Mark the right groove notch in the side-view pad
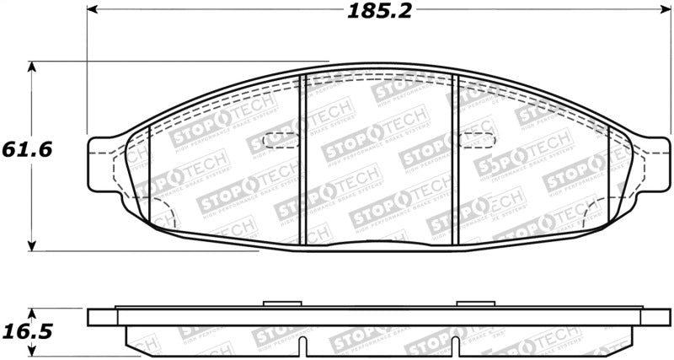pyautogui.click(x=455, y=346)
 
